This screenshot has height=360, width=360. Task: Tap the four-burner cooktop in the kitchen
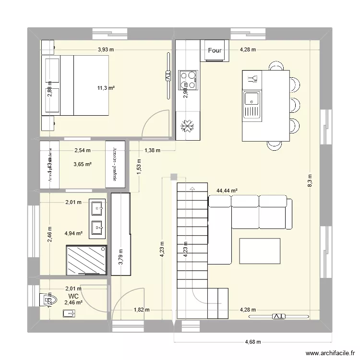click(188, 80)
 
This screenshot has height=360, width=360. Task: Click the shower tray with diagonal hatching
click(87, 260)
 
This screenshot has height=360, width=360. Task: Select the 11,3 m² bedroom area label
click(106, 88)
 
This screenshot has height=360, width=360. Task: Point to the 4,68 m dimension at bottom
click(253, 342)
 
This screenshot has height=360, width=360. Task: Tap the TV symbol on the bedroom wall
click(168, 76)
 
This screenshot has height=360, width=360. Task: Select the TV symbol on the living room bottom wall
click(278, 316)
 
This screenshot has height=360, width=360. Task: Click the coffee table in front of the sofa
click(260, 251)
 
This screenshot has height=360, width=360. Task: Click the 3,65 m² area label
click(82, 164)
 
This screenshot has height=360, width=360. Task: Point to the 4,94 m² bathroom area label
click(73, 234)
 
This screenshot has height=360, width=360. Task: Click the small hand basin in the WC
click(69, 314)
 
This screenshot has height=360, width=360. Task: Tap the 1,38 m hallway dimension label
click(152, 150)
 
